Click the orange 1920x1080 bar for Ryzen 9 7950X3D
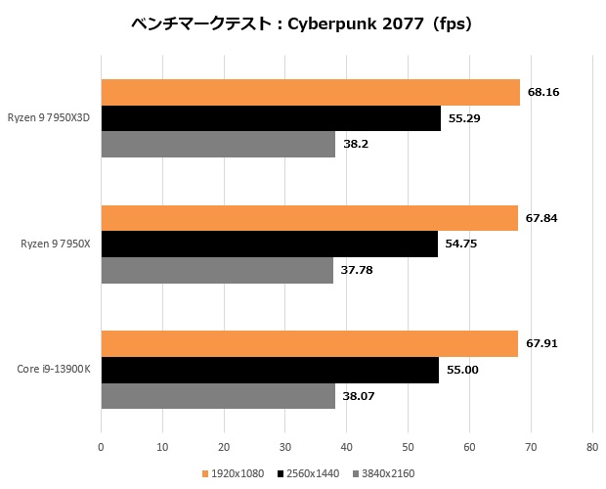(310, 92)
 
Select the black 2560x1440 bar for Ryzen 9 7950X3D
(271, 118)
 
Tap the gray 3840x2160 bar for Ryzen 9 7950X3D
(218, 144)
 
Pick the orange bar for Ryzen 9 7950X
(309, 218)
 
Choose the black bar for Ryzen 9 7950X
(269, 244)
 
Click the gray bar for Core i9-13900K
(218, 396)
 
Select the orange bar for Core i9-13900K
(309, 344)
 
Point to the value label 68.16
(543, 93)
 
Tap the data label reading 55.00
(462, 370)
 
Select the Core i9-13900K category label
(54, 370)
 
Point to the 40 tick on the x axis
(346, 447)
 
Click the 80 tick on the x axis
(591, 447)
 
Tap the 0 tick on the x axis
(101, 447)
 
